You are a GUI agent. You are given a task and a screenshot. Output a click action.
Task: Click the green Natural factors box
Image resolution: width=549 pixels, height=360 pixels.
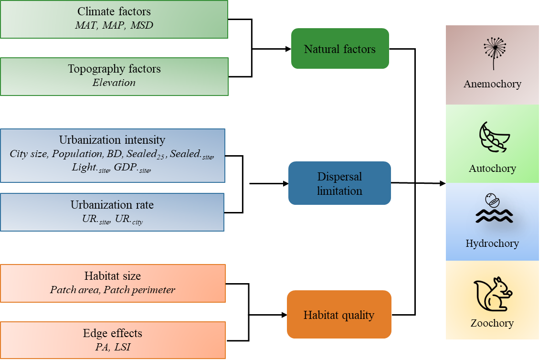click(340, 49)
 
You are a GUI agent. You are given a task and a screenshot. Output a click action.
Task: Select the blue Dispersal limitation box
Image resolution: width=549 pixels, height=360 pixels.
click(339, 184)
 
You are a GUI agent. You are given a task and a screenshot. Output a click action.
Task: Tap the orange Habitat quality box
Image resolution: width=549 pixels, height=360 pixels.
click(339, 315)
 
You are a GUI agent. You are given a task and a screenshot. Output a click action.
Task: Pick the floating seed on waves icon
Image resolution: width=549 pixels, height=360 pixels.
click(493, 209)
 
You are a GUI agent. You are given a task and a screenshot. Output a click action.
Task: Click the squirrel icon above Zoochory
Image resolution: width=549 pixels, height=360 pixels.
click(492, 295)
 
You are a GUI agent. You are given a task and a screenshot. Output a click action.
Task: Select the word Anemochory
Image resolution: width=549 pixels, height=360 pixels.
click(492, 84)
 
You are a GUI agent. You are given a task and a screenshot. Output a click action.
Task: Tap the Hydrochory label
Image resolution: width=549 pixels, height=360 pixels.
click(492, 244)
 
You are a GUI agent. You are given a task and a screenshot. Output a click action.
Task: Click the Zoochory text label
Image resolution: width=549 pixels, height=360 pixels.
click(492, 323)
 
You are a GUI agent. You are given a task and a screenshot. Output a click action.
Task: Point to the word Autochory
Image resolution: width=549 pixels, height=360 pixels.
click(492, 169)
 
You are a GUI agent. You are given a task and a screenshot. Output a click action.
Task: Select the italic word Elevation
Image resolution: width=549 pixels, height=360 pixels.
click(114, 83)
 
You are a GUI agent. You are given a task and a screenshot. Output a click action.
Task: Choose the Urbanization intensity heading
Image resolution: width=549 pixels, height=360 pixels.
click(112, 140)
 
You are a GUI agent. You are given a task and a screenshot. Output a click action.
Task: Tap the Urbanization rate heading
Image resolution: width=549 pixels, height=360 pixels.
click(112, 205)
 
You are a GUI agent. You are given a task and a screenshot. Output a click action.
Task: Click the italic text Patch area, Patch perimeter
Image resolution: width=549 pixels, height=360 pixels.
click(113, 290)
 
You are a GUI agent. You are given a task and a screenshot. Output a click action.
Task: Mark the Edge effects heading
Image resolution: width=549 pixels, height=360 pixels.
click(113, 333)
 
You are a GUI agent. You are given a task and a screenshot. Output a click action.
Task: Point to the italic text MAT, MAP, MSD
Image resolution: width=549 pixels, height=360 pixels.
click(114, 25)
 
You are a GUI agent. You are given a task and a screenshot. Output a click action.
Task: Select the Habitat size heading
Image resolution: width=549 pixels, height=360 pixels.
click(113, 276)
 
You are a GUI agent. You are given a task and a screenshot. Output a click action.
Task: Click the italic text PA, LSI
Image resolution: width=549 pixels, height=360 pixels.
click(113, 347)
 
